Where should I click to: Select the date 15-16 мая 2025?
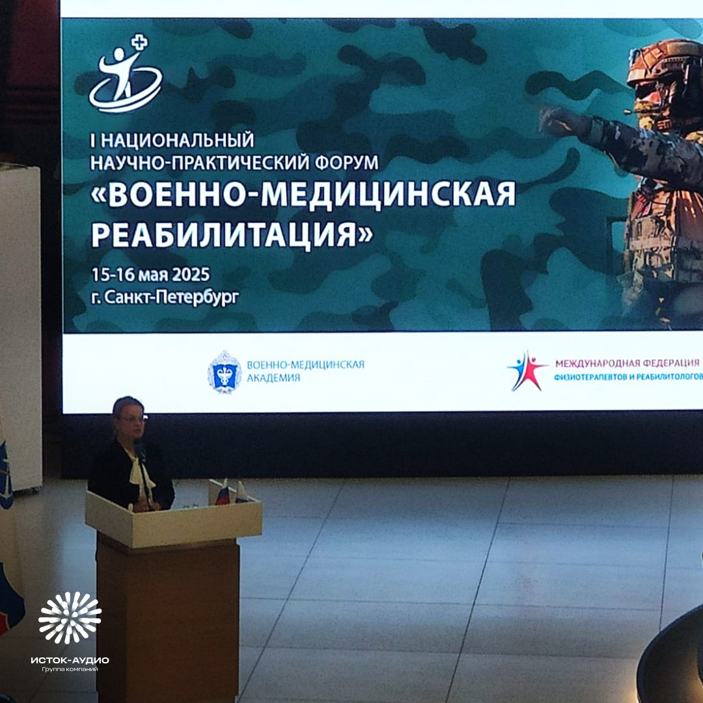[151, 274]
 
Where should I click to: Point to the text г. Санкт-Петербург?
[165, 297]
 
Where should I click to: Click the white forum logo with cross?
[126, 73]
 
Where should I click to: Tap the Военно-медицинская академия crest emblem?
[224, 372]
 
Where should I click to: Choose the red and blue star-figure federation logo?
[527, 372]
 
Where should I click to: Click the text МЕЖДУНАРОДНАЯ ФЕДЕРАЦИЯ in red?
[627, 363]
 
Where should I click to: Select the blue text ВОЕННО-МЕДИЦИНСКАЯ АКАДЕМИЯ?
[305, 370]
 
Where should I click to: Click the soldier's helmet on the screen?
[664, 65]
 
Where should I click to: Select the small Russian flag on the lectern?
[223, 493]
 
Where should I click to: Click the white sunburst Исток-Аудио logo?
[70, 617]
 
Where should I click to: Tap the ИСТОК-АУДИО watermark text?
[70, 660]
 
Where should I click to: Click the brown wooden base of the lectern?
[167, 618]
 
